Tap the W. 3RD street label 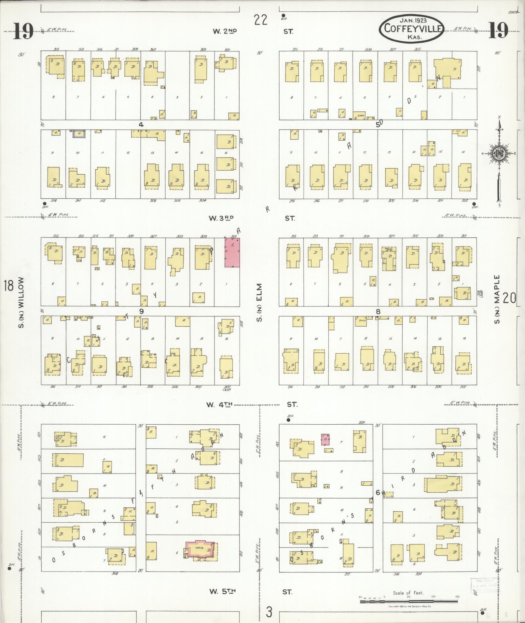tap(222, 218)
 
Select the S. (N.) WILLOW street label tap(21, 302)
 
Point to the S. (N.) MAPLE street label tap(497, 300)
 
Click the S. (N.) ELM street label tap(259, 302)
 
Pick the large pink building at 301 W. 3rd tap(232, 253)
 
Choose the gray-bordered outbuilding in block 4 tap(79, 133)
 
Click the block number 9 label tap(141, 311)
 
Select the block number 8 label tap(378, 311)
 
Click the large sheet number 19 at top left tap(23, 32)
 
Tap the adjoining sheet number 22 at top tap(261, 20)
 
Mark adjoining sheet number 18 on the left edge tap(8, 286)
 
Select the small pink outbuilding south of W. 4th tap(325, 439)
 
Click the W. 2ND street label tap(225, 31)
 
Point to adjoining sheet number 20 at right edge tap(509, 298)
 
